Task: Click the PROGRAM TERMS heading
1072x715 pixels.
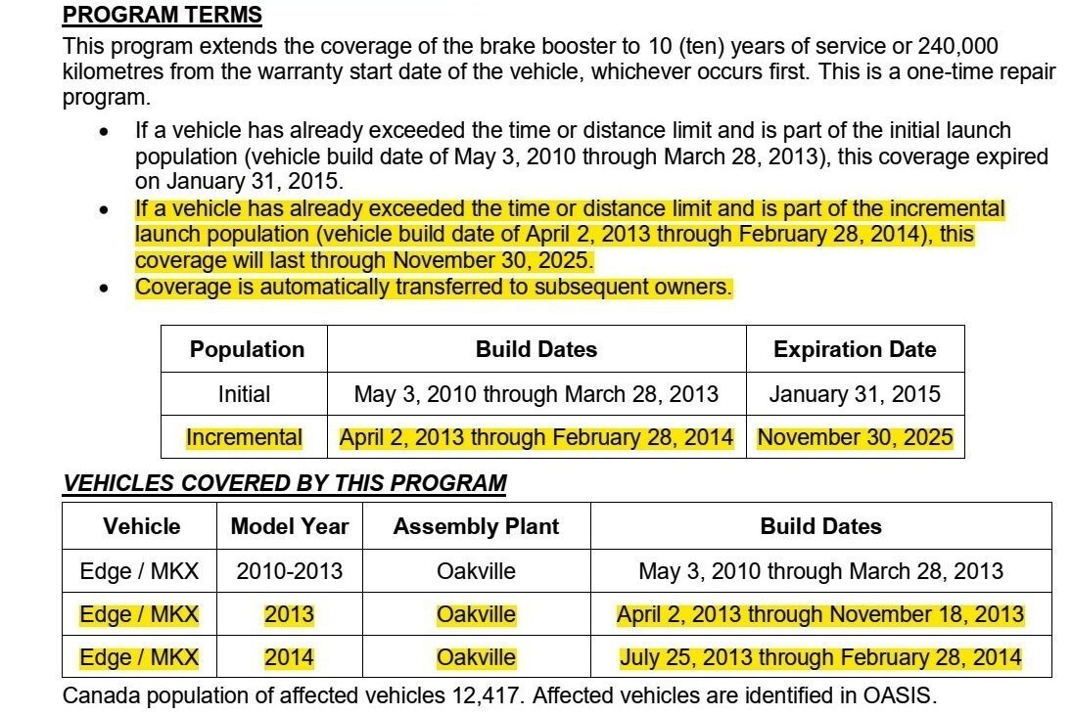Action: (x=162, y=15)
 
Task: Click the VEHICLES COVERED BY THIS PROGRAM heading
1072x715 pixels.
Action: (x=285, y=483)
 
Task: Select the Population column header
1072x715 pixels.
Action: (x=247, y=349)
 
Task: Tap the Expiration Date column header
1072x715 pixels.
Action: (x=855, y=349)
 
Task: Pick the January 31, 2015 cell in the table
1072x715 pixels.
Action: (x=855, y=394)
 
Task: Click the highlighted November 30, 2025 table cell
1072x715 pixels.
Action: (x=855, y=437)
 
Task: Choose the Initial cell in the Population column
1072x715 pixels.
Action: (x=244, y=394)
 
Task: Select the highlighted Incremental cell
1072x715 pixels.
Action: (x=244, y=437)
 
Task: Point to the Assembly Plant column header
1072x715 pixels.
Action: (x=476, y=526)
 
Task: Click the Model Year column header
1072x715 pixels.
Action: (x=290, y=526)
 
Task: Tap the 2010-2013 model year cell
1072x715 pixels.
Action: (x=290, y=571)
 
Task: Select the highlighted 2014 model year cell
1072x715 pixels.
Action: (x=290, y=658)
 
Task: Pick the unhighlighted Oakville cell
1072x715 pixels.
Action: (x=476, y=571)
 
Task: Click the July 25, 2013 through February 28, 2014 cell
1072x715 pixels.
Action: (x=820, y=658)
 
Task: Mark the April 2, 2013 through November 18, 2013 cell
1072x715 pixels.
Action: (x=820, y=615)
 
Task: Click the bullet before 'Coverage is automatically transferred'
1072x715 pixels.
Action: (x=105, y=289)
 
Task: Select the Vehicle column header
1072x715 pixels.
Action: (x=142, y=526)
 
